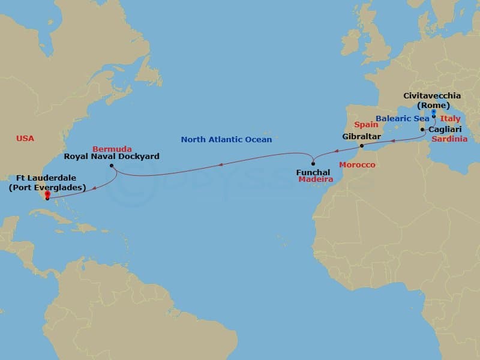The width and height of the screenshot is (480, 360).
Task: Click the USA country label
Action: point(25,139)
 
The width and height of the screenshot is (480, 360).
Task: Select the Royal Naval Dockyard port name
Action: point(112,157)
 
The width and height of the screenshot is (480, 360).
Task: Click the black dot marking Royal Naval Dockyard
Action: point(112,166)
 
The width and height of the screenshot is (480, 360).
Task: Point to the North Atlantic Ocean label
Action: point(226,140)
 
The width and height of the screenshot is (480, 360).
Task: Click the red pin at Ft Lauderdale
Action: point(47,195)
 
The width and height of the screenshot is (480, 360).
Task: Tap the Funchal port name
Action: point(313,172)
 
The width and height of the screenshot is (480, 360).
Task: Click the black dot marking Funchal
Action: point(313,164)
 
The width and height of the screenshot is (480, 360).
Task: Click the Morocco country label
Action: point(357,164)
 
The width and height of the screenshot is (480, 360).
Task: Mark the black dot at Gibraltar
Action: point(361,145)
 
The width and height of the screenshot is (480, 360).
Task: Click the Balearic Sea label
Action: point(401,118)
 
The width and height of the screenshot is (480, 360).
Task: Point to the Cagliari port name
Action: point(445,129)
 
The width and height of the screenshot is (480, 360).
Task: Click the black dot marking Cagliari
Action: point(423,130)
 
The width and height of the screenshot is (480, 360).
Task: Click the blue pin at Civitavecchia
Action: point(433,112)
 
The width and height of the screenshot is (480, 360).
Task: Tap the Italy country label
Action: point(450,119)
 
